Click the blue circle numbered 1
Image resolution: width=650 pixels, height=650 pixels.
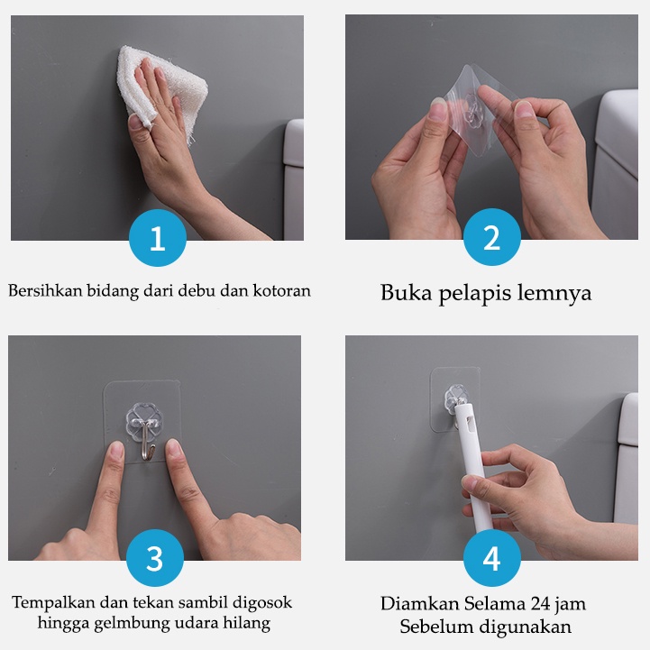click(158, 238)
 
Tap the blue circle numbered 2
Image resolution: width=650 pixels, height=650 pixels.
click(492, 237)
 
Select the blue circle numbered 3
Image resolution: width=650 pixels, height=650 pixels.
click(155, 558)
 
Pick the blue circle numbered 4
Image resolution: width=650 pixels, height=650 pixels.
click(492, 558)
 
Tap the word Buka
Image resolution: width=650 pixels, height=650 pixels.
click(407, 293)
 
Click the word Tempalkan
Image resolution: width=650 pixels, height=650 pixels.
click(53, 602)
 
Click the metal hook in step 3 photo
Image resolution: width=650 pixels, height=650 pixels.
click(147, 442)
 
